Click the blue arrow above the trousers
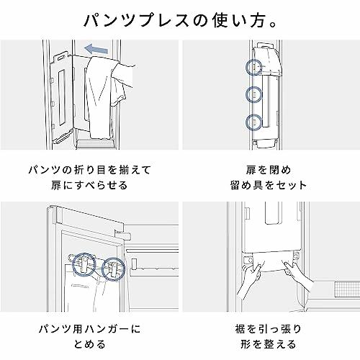click(x=96, y=49)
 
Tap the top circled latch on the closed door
click(x=253, y=67)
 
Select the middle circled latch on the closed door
click(x=253, y=94)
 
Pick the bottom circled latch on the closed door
click(x=253, y=122)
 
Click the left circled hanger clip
click(x=84, y=264)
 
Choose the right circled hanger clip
click(x=113, y=269)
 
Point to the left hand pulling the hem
click(x=249, y=281)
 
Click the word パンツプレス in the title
click(x=137, y=20)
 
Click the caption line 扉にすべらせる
click(x=89, y=185)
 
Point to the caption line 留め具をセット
click(x=269, y=185)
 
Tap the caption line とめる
click(x=89, y=344)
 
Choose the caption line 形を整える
click(x=269, y=344)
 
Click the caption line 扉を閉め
click(x=269, y=170)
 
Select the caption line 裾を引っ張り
click(x=269, y=329)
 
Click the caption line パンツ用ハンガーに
click(x=89, y=329)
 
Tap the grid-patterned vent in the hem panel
click(x=347, y=290)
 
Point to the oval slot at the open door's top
click(x=61, y=57)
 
